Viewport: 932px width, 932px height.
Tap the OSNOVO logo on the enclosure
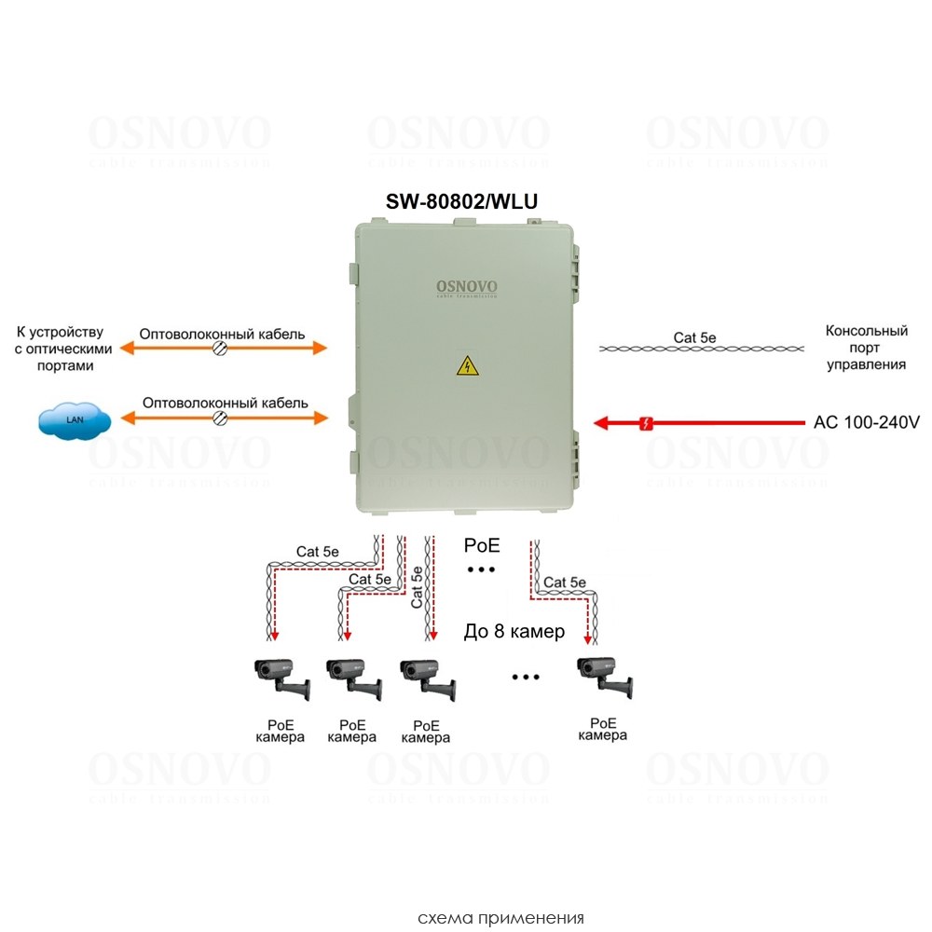[467, 287]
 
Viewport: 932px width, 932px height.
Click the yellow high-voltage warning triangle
[466, 365]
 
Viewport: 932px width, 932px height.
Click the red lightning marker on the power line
[645, 424]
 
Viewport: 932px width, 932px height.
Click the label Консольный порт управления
[866, 348]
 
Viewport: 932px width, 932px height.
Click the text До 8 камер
[514, 632]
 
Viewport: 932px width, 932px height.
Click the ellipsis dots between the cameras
[526, 678]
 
